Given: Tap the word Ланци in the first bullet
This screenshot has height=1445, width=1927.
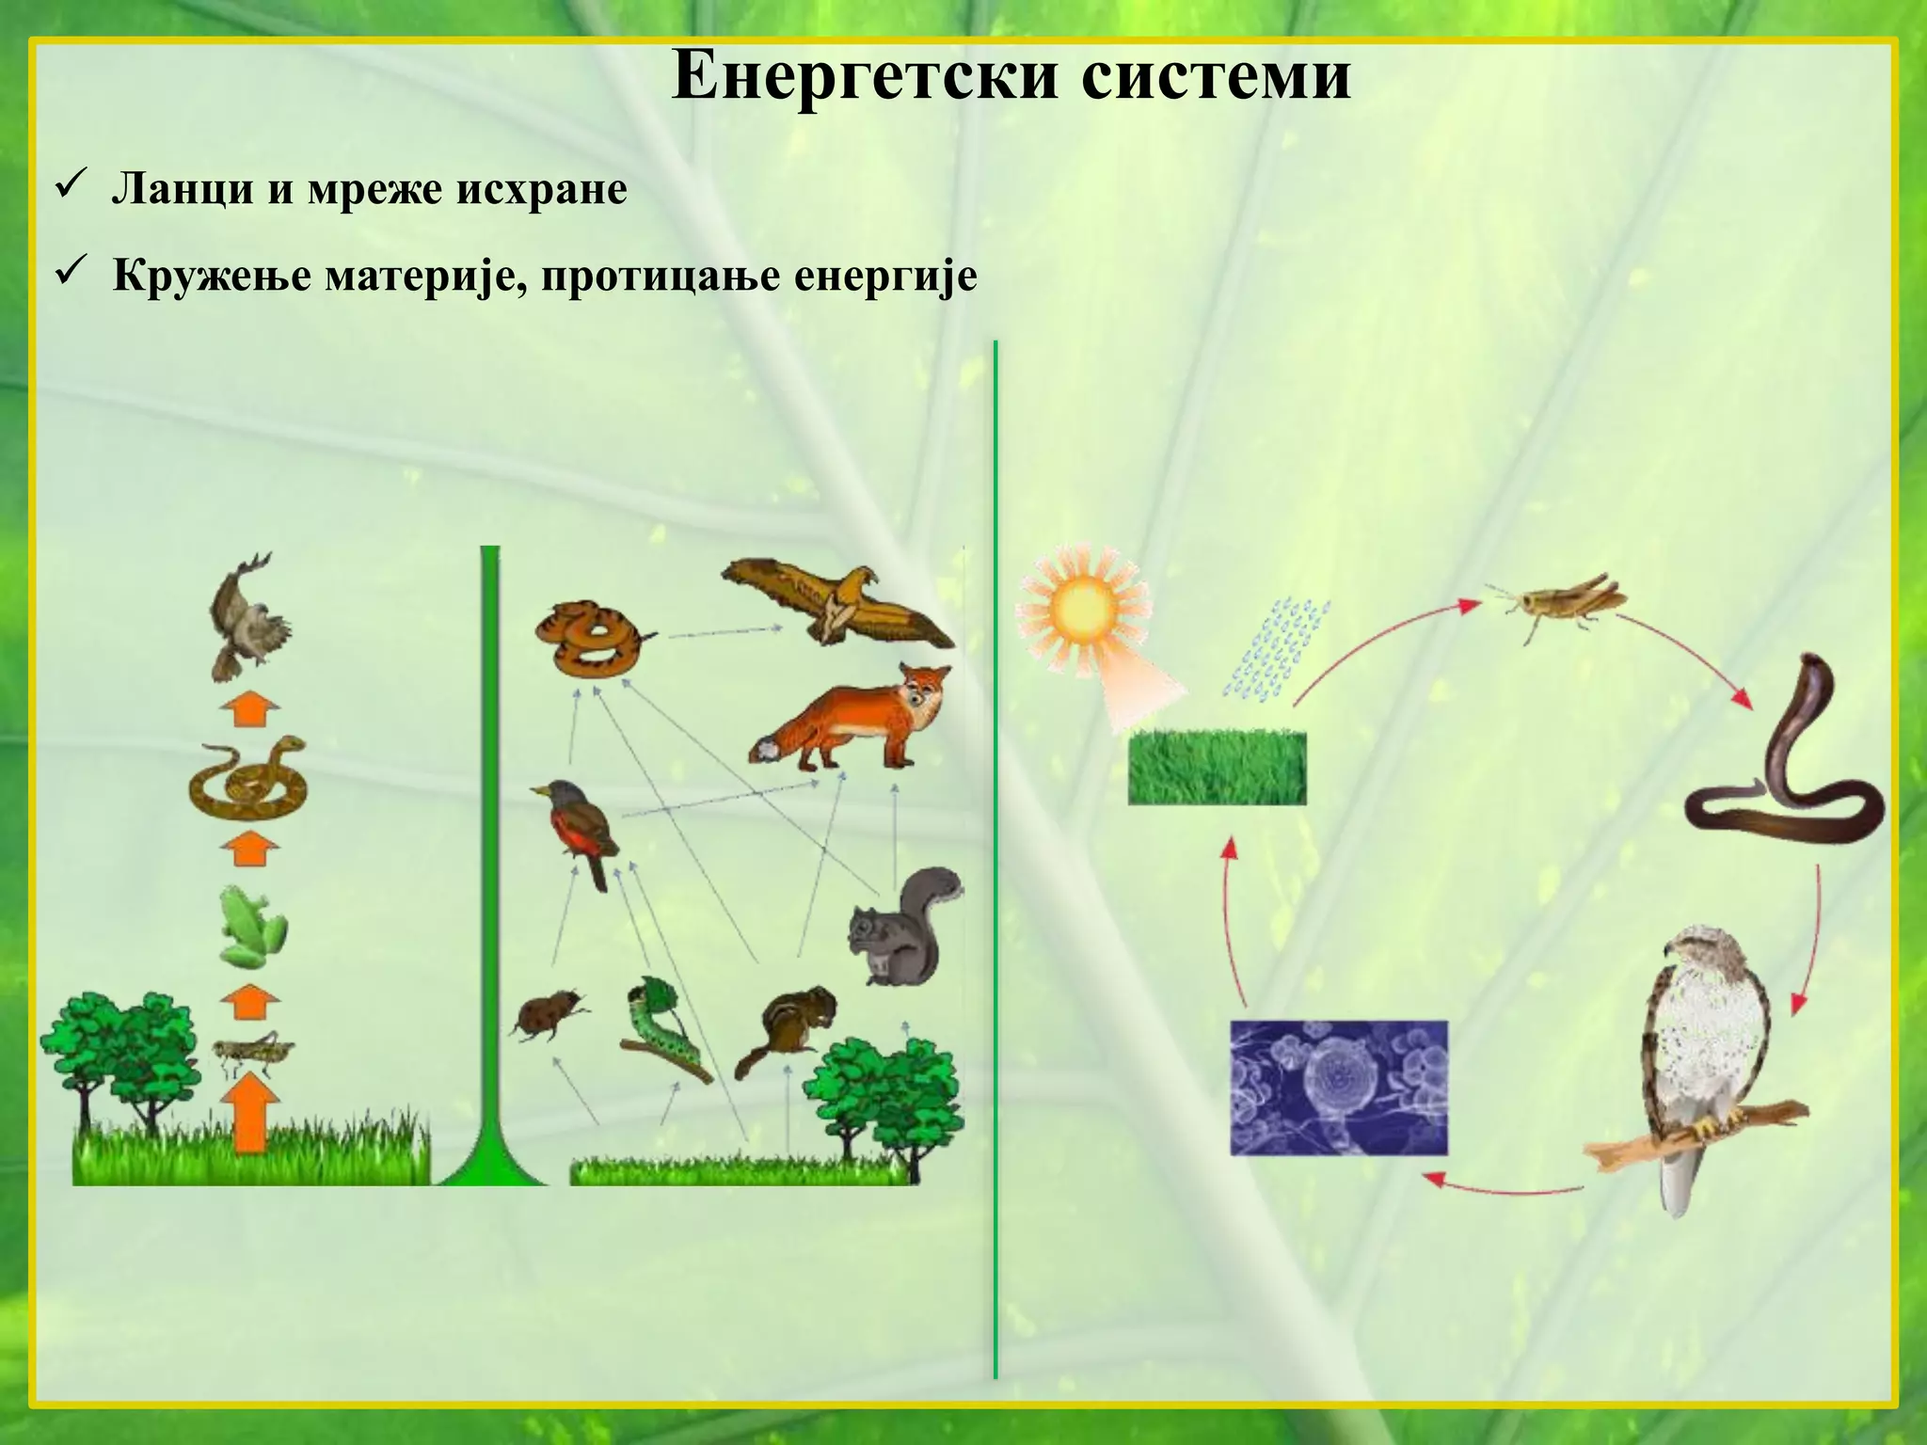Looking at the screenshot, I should click(x=182, y=190).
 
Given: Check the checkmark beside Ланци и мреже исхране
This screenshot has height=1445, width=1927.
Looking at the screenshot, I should click(x=72, y=186).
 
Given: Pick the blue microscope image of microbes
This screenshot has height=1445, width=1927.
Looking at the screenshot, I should click(x=1338, y=1088).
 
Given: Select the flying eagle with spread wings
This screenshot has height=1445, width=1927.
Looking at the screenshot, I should click(x=837, y=602).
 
